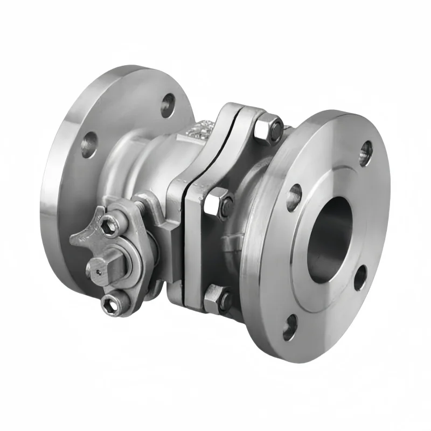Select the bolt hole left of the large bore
293,197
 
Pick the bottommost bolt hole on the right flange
290,325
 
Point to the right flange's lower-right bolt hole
360,278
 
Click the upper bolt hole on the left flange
169,105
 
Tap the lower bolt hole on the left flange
88,144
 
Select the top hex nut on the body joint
265,130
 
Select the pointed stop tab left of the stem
81,238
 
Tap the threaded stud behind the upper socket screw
141,207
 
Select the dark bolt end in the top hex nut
276,129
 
